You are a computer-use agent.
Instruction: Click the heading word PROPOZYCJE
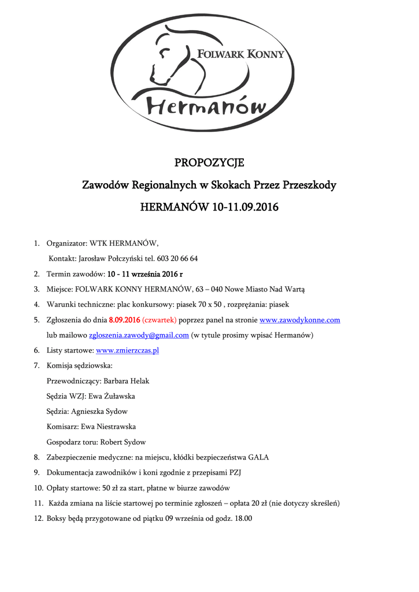point(209,162)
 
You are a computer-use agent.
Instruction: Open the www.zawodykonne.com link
point(299,320)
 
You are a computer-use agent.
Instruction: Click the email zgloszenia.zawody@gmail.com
point(139,335)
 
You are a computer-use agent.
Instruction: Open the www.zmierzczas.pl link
point(127,350)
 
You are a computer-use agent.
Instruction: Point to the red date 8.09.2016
point(125,320)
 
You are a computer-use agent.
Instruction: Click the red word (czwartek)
point(160,320)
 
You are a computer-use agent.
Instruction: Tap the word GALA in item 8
point(258,457)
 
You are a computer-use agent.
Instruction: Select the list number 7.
point(36,365)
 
